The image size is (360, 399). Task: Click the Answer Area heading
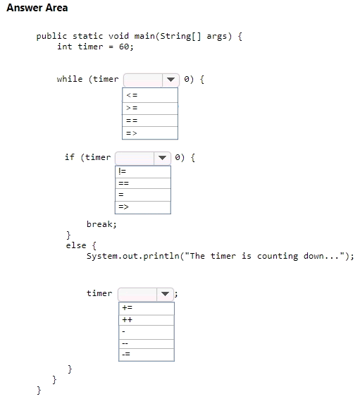pyautogui.click(x=37, y=8)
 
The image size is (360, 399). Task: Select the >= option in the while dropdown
pyautogui.click(x=150, y=109)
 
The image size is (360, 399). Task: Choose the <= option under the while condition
pyautogui.click(x=150, y=95)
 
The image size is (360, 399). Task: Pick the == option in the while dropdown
pyautogui.click(x=150, y=121)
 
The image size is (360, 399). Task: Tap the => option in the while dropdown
pyautogui.click(x=150, y=133)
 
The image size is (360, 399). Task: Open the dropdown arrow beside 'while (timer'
pyautogui.click(x=170, y=80)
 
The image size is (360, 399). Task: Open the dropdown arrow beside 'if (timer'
pyautogui.click(x=162, y=158)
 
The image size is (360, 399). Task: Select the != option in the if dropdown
pyautogui.click(x=143, y=172)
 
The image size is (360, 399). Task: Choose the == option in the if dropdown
pyautogui.click(x=143, y=183)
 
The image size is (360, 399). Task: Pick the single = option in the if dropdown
pyautogui.click(x=143, y=195)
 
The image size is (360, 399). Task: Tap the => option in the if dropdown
pyautogui.click(x=143, y=207)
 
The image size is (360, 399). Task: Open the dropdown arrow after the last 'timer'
pyautogui.click(x=166, y=294)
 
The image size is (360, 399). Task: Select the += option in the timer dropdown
pyautogui.click(x=147, y=308)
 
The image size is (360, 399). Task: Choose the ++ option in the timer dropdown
pyautogui.click(x=147, y=320)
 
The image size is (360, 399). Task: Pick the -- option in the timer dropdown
pyautogui.click(x=147, y=344)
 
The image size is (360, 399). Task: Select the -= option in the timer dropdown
pyautogui.click(x=147, y=355)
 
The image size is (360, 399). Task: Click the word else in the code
pyautogui.click(x=76, y=245)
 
